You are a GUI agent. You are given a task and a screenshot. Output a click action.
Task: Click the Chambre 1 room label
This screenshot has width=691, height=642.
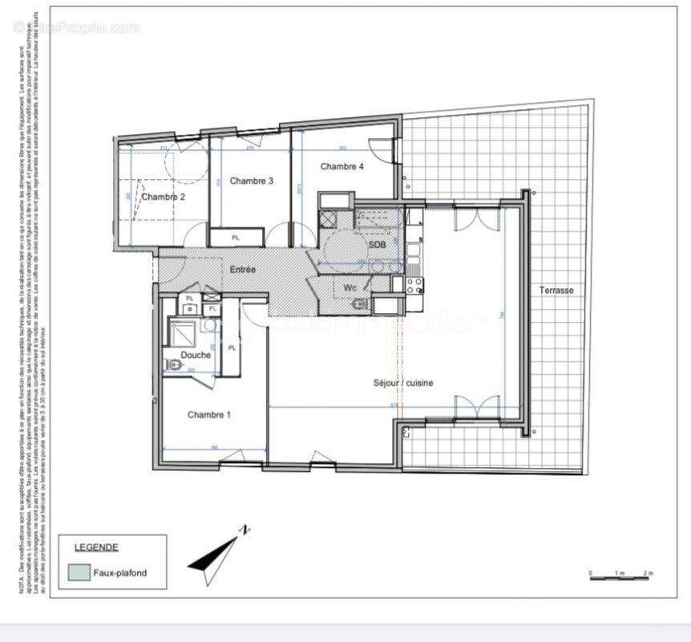[x=209, y=415]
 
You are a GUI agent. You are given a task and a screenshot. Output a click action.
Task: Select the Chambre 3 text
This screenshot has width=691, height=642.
[x=252, y=181]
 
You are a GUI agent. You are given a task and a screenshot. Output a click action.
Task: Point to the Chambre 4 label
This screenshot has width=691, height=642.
[x=342, y=166]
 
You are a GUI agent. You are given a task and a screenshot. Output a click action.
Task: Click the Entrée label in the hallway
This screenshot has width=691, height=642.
[x=243, y=270]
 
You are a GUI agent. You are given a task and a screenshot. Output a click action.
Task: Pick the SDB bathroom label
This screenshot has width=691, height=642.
[x=377, y=244]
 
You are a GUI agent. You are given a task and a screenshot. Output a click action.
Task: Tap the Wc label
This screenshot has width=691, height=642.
[x=350, y=287]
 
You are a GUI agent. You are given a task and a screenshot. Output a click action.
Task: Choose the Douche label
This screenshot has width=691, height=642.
[x=196, y=355]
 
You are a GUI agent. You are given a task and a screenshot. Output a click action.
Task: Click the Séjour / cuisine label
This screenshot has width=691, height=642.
[x=403, y=384]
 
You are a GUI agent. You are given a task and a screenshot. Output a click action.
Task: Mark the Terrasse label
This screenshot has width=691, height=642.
[x=556, y=291]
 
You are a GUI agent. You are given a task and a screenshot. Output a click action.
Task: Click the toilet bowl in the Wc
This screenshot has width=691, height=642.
[x=360, y=304]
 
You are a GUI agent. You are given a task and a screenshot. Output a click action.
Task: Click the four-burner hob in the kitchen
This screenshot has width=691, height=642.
[x=414, y=284]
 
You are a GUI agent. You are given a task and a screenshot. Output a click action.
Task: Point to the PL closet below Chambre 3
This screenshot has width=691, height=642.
[x=236, y=238]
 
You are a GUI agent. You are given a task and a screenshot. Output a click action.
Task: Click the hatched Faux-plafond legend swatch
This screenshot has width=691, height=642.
[x=79, y=573]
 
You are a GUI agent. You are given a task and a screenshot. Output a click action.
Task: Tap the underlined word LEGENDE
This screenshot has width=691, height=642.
[x=96, y=547]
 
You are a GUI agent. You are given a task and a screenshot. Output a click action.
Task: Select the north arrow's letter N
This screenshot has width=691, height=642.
[x=246, y=530]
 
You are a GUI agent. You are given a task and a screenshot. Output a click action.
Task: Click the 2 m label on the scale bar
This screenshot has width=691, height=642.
[x=648, y=573]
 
